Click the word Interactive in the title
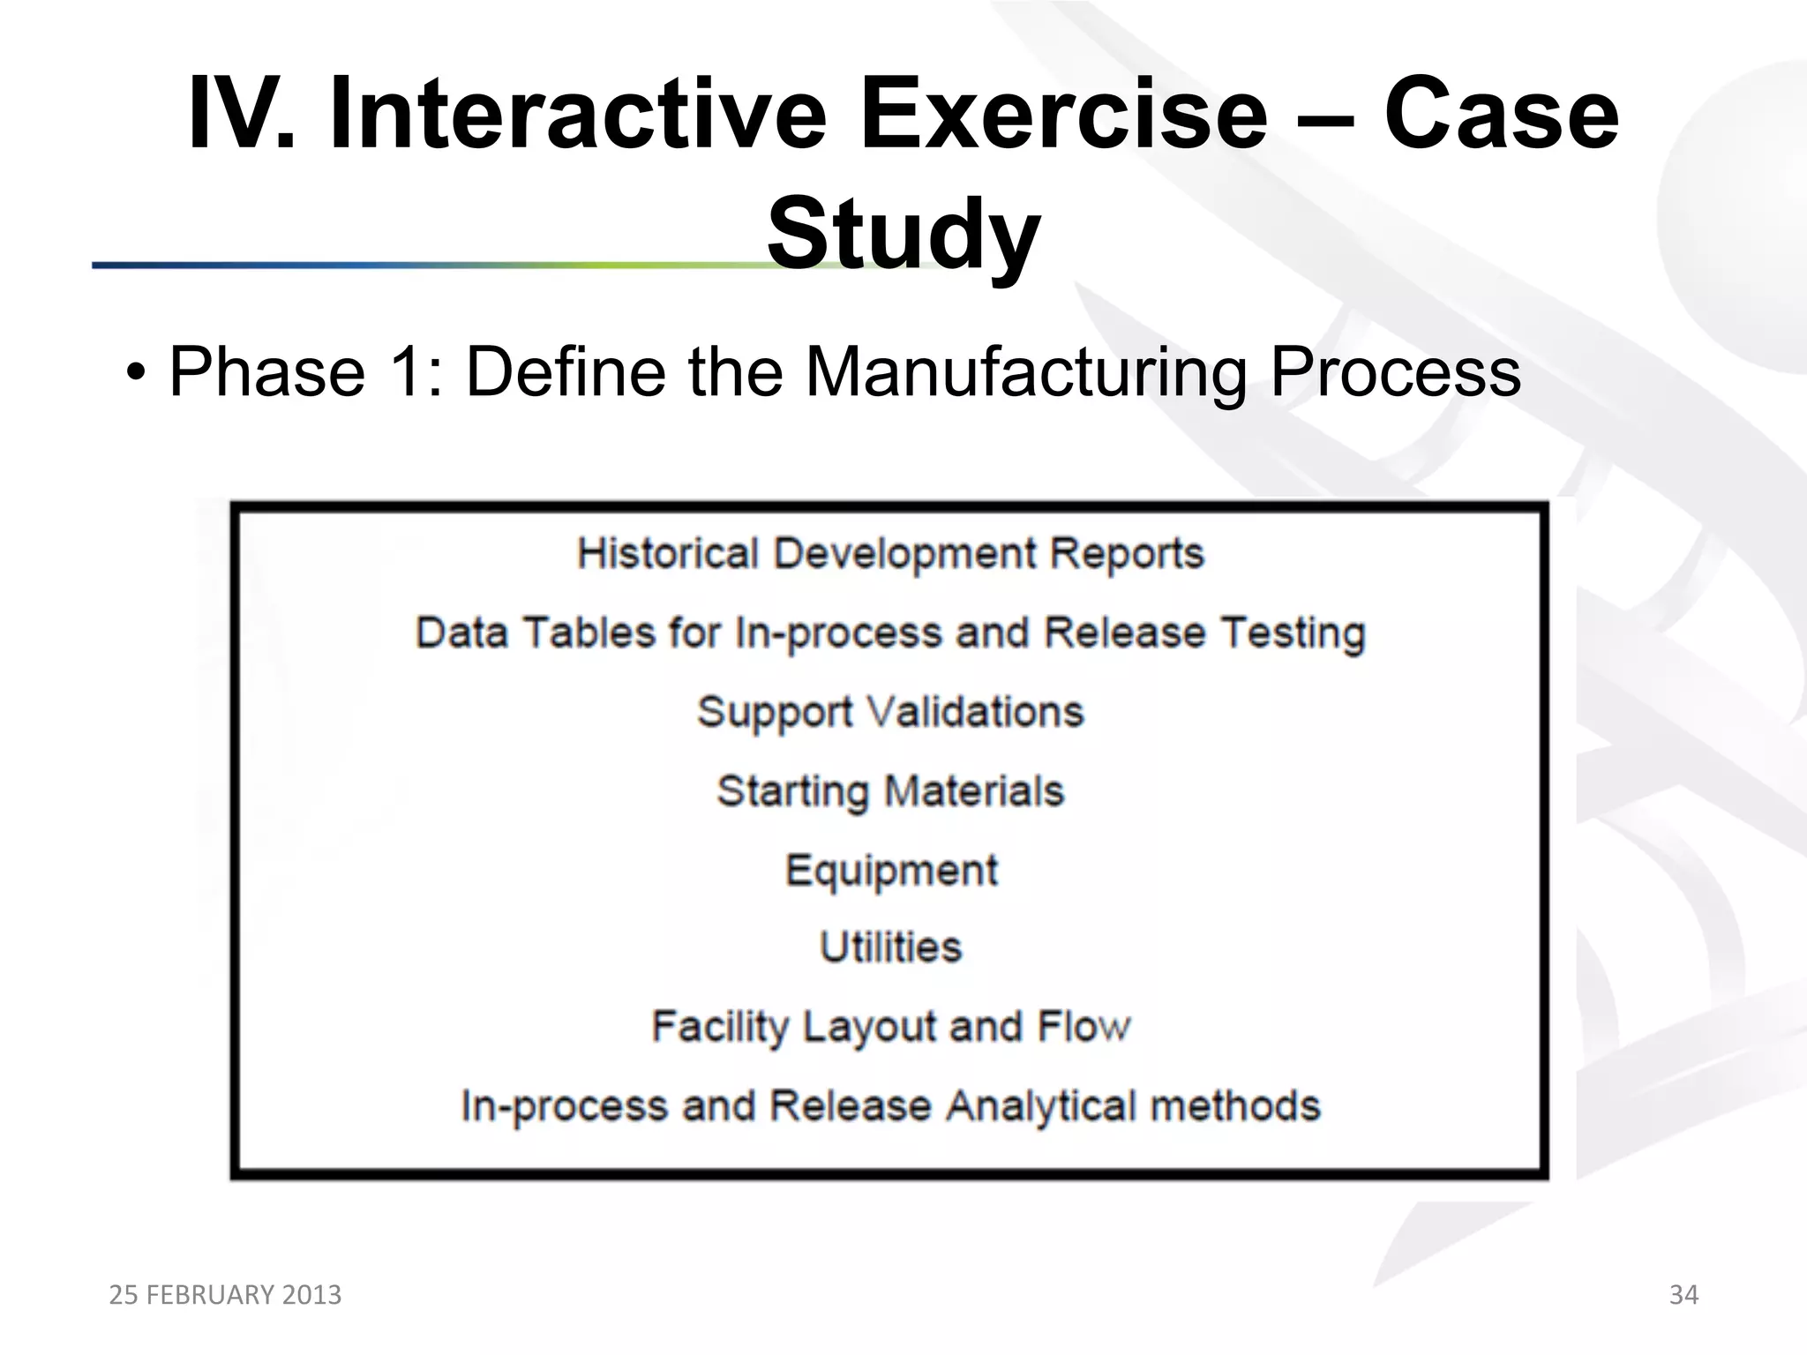577,115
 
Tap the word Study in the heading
903,234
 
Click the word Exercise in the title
1062,115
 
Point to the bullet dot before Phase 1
134,373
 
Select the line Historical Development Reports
890,554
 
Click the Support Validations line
890,712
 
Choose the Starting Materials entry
890,791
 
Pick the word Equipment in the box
891,871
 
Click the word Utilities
890,947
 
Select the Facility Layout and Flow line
890,1027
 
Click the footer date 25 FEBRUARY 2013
225,1294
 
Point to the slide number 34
1683,1294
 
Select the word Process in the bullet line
1395,372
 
